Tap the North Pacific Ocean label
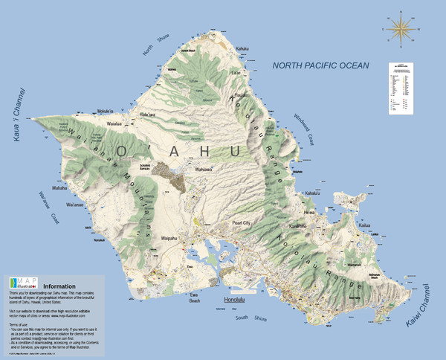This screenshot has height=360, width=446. coord(320,65)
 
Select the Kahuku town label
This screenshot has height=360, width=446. coord(242,49)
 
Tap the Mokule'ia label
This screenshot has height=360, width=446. coord(107,112)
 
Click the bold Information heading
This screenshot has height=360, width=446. coord(65,286)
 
